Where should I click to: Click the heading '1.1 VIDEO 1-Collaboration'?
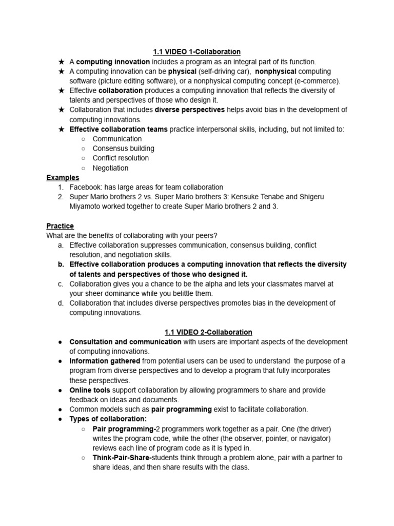[x=197, y=52]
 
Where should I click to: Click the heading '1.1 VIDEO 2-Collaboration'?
[x=208, y=332]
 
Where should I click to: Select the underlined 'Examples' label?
[x=63, y=178]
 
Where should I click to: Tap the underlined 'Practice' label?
[x=60, y=226]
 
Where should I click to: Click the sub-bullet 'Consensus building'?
[x=123, y=148]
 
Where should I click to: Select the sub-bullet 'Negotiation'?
[x=110, y=168]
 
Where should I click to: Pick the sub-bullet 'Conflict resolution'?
[x=121, y=158]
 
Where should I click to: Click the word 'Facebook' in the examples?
[x=85, y=187]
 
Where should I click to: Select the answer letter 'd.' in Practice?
[x=61, y=303]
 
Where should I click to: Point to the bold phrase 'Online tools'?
[x=90, y=390]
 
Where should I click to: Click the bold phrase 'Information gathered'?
[x=104, y=361]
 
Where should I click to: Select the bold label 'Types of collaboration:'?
[x=108, y=419]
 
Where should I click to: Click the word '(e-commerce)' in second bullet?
[x=318, y=81]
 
